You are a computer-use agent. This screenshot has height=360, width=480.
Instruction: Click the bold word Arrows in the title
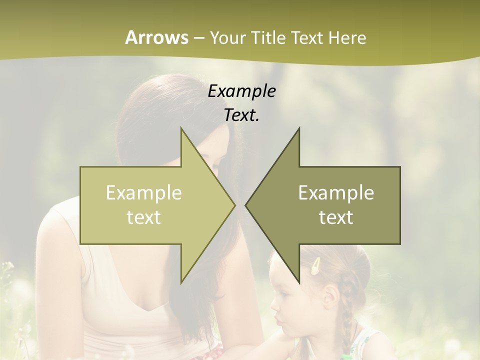point(156,37)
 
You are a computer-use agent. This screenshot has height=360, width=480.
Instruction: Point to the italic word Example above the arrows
point(241,91)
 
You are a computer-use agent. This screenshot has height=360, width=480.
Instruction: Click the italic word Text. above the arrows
point(241,115)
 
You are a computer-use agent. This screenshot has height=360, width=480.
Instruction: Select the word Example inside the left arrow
point(144,193)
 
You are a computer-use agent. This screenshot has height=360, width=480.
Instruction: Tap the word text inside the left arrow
point(144,217)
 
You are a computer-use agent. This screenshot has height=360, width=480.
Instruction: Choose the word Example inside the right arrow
point(336,193)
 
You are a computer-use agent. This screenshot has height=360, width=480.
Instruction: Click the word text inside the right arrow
point(336,217)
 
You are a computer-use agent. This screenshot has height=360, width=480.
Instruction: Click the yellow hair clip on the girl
point(316,267)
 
